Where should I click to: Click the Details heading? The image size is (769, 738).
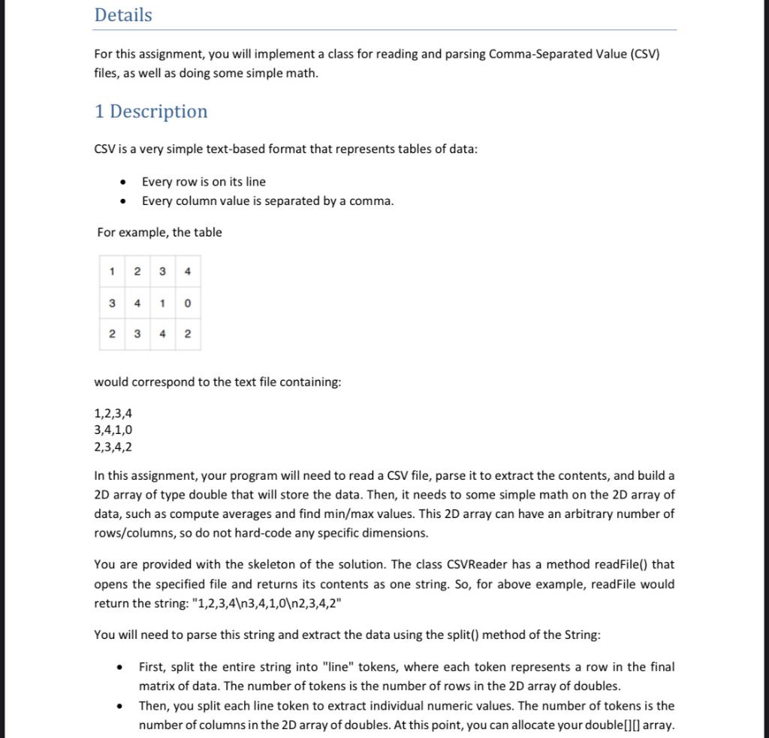pyautogui.click(x=123, y=15)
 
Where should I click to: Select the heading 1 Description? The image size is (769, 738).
pyautogui.click(x=151, y=111)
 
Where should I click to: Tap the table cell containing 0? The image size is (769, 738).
pyautogui.click(x=187, y=303)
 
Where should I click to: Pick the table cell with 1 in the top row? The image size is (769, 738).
pyautogui.click(x=112, y=272)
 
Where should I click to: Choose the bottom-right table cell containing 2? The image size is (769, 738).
pyautogui.click(x=187, y=334)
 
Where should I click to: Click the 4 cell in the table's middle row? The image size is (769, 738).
pyautogui.click(x=137, y=303)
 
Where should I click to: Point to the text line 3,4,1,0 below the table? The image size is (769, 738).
pyautogui.click(x=113, y=430)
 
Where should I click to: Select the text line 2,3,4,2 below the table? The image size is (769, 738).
pyautogui.click(x=113, y=447)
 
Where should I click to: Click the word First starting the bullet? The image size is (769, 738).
pyautogui.click(x=152, y=667)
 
